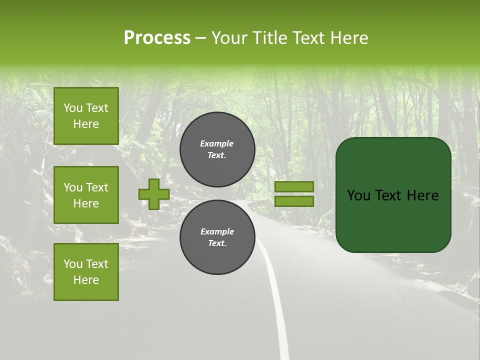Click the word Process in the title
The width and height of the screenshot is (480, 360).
pos(157,38)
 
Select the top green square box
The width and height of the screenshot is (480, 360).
pos(86,116)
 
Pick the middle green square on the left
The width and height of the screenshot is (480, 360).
pos(86,195)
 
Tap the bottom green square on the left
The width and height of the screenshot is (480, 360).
pos(86,271)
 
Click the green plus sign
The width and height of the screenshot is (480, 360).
pos(154,194)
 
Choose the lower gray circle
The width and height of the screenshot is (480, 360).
pos(217,237)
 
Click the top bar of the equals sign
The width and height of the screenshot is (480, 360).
pos(294,186)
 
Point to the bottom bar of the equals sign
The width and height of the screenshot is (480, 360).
pos(294,201)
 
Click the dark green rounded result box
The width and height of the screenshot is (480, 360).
pos(393,195)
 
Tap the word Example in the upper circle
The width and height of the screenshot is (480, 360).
pos(216,143)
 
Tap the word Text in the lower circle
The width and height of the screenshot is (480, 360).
pos(217,243)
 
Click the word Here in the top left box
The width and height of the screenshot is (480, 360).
pos(86,124)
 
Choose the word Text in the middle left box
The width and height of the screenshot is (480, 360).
pos(96,187)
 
